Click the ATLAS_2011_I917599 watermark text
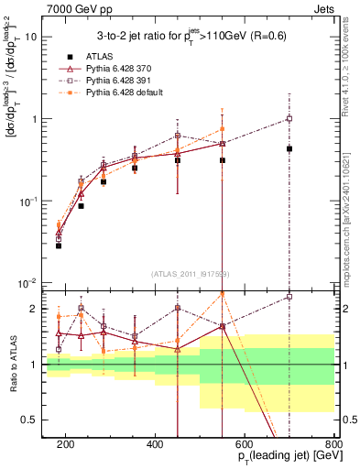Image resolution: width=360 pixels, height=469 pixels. pos(191,275)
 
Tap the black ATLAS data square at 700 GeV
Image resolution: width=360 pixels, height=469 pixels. pos(289,148)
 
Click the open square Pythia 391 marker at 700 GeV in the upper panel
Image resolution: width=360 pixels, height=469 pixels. pos(289,118)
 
